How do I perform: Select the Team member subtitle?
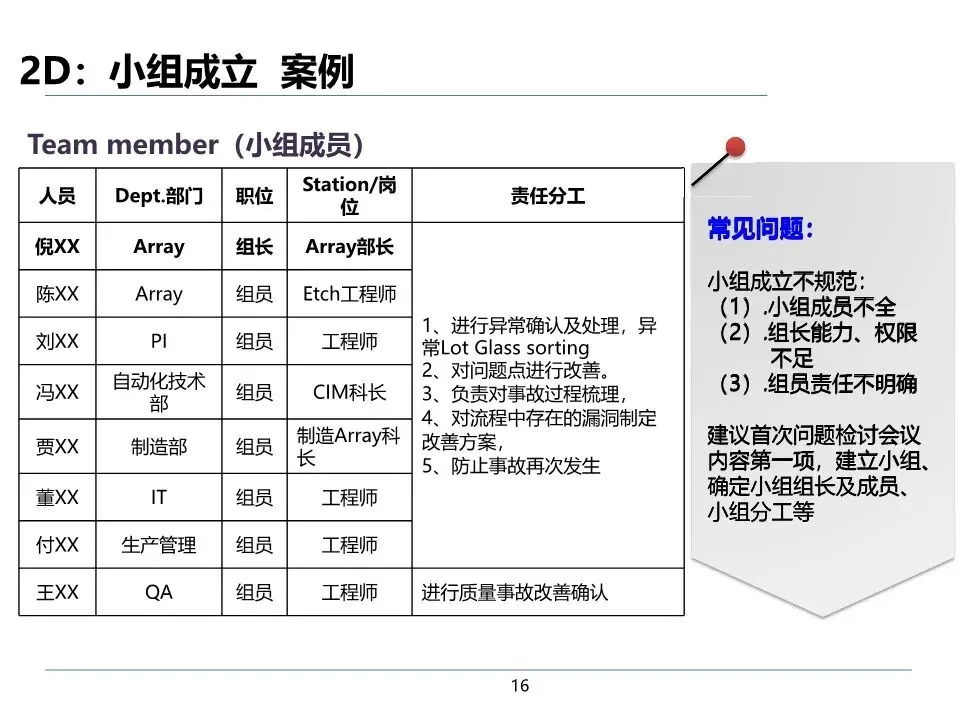(x=195, y=145)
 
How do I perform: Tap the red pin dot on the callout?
(x=736, y=148)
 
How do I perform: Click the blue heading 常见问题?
(x=761, y=229)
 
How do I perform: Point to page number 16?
(x=519, y=686)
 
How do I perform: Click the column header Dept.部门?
(x=159, y=196)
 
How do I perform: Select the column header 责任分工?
(x=547, y=196)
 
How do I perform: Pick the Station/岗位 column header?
(x=349, y=196)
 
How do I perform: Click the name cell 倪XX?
(x=57, y=246)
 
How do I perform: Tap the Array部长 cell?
(x=349, y=246)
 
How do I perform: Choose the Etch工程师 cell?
(x=349, y=294)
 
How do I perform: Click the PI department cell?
(x=159, y=341)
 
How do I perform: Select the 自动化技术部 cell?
(x=159, y=392)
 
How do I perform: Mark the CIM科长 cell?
(x=349, y=392)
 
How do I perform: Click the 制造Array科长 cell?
(x=349, y=447)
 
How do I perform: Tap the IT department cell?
(x=159, y=497)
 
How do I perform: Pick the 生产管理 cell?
(x=159, y=545)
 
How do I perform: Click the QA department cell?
(x=159, y=592)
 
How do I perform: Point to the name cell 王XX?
(x=57, y=592)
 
